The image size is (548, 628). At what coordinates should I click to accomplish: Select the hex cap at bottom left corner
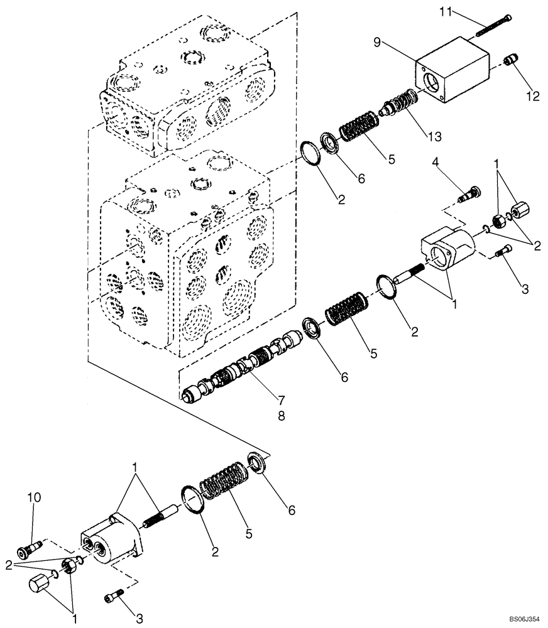click(x=40, y=589)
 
